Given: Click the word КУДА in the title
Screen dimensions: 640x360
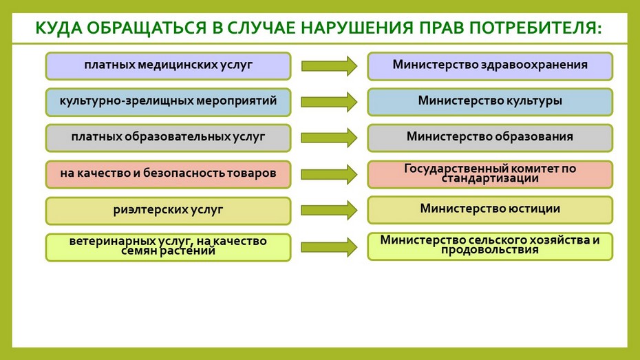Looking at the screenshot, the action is (58, 28).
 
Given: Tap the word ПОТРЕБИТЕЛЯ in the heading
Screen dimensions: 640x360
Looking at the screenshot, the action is (535, 28).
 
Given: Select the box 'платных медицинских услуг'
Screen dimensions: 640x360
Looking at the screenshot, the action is (168, 65).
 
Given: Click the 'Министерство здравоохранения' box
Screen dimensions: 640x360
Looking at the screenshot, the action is (490, 65).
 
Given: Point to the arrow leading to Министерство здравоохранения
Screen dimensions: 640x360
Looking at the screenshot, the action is (329, 65).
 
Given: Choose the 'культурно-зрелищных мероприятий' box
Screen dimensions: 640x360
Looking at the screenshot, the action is (168, 102).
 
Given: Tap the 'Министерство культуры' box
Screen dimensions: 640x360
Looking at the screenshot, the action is (490, 102).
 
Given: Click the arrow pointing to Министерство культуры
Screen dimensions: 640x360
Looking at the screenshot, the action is (329, 102).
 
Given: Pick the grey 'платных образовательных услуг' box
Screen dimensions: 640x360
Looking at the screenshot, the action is (168, 138).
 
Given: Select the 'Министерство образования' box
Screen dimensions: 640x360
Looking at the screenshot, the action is (490, 138).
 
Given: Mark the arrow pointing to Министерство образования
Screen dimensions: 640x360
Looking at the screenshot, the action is (329, 138).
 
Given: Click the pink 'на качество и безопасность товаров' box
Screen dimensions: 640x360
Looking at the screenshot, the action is (168, 174).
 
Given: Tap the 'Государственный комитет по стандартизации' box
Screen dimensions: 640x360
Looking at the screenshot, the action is (490, 174).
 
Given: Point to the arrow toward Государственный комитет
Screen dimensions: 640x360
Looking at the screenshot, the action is (329, 174).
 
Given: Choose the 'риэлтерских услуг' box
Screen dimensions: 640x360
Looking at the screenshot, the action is (168, 211).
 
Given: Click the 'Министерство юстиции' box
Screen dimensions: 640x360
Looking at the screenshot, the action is (490, 210).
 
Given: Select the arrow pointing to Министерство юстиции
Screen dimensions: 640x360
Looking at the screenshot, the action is (329, 210).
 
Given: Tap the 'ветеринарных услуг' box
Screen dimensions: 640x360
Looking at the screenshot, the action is (168, 247).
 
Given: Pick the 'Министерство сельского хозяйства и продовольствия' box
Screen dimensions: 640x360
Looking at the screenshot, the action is (490, 246).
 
